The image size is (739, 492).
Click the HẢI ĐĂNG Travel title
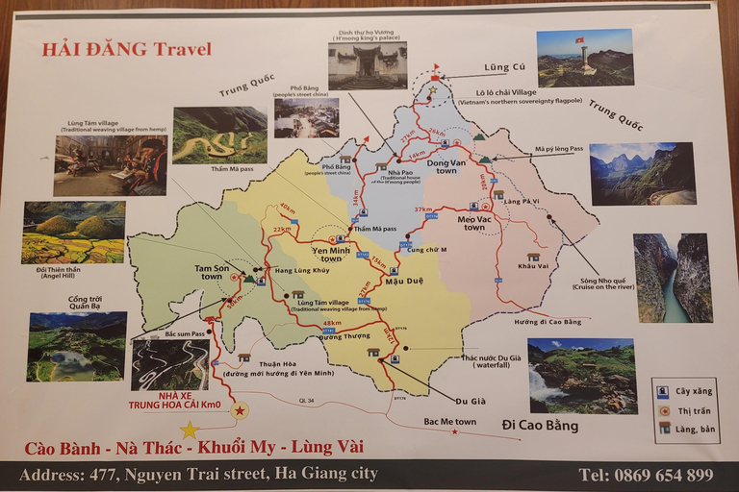[126, 50]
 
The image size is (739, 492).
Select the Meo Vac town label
[473, 222]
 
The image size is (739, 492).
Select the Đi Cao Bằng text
[540, 424]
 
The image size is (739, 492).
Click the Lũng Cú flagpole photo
[585, 58]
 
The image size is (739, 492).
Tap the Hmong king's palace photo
[368, 65]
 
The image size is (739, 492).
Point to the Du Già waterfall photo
[581, 375]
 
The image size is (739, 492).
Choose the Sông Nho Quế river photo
[673, 278]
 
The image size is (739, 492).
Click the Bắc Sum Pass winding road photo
[169, 365]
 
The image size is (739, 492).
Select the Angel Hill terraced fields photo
[74, 233]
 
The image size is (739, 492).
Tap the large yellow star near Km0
[190, 430]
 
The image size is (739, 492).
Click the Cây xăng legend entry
[686, 391]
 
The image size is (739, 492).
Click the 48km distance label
[332, 324]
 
